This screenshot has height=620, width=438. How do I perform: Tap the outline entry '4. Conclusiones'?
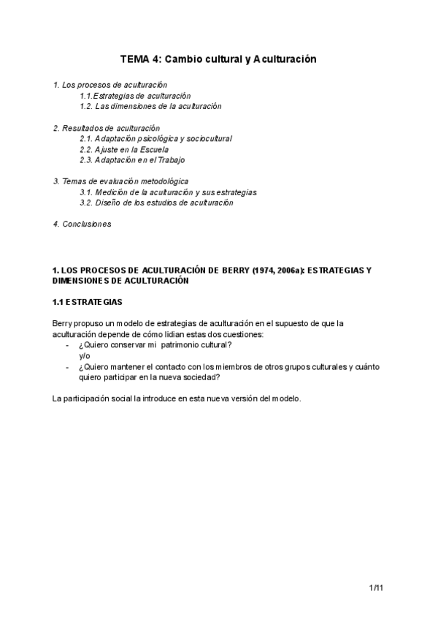pyautogui.click(x=82, y=224)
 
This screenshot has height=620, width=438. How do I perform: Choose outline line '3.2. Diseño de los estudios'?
pyautogui.click(x=156, y=203)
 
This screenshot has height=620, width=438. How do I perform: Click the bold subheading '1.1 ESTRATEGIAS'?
pyautogui.click(x=88, y=301)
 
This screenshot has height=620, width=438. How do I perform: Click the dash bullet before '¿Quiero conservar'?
pyautogui.click(x=68, y=345)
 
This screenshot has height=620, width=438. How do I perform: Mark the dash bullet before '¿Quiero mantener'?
pyautogui.click(x=68, y=366)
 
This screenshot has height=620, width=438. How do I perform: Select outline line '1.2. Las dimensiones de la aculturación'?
pyautogui.click(x=150, y=106)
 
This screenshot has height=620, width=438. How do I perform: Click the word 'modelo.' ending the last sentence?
pyautogui.click(x=285, y=398)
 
